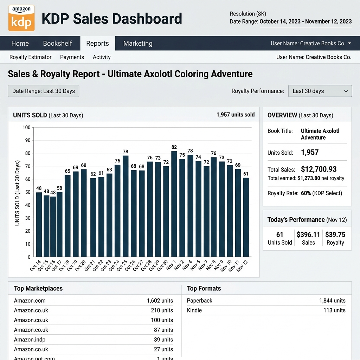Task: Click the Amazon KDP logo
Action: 21,18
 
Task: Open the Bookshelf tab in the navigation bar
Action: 57,43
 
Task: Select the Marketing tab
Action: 138,43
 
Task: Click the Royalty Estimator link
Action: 30,57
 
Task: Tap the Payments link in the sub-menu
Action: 72,57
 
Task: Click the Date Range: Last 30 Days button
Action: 44,91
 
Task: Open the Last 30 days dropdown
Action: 320,91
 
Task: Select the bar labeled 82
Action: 174,204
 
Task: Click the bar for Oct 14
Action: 39,225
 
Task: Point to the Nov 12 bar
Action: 246,217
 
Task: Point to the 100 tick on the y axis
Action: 26,127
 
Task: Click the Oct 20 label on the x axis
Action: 81,266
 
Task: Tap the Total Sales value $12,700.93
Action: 319,169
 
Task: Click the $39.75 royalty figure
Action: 335,234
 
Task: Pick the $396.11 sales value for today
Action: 308,234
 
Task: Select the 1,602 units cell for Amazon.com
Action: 160,301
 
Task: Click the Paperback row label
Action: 200,301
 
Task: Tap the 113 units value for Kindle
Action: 334,310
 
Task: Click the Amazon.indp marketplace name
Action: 30,340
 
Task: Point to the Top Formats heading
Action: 204,288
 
